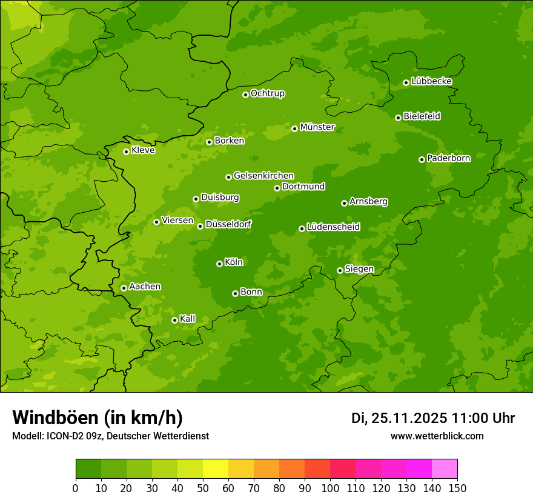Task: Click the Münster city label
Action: pyautogui.click(x=317, y=127)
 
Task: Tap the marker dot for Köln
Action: pyautogui.click(x=219, y=264)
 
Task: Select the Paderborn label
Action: pyautogui.click(x=448, y=158)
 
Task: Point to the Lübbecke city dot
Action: pyautogui.click(x=406, y=82)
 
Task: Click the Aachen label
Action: pyautogui.click(x=145, y=287)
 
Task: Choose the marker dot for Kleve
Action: pyautogui.click(x=126, y=152)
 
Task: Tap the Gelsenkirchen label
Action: pyautogui.click(x=263, y=176)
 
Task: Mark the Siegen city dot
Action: pyautogui.click(x=340, y=270)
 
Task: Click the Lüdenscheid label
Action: pyautogui.click(x=333, y=227)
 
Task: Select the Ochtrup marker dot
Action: pyautogui.click(x=245, y=95)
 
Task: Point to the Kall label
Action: pyautogui.click(x=188, y=319)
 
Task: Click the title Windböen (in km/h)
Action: pyautogui.click(x=98, y=418)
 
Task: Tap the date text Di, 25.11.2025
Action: pyautogui.click(x=399, y=418)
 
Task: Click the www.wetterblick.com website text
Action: pyautogui.click(x=437, y=436)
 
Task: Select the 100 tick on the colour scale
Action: pyautogui.click(x=330, y=488)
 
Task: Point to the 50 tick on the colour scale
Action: pyautogui.click(x=203, y=488)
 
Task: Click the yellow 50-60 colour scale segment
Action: pyautogui.click(x=216, y=469)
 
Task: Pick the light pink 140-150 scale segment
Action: pyautogui.click(x=445, y=469)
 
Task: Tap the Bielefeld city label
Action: pyautogui.click(x=422, y=116)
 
